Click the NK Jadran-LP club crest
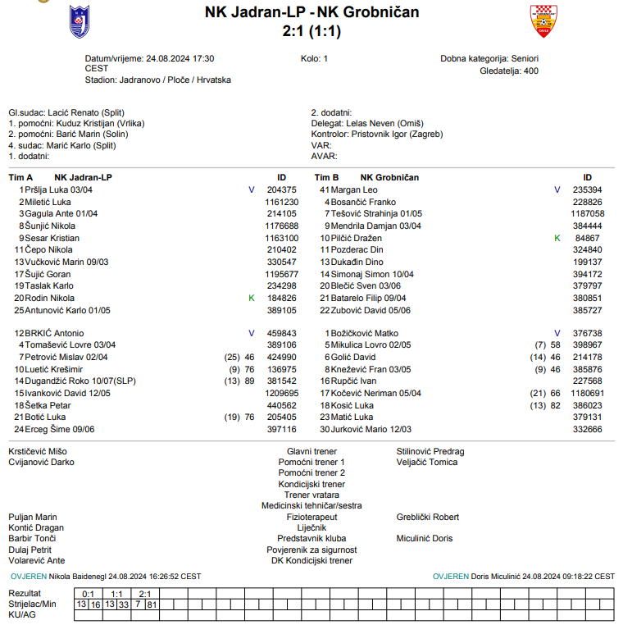pyautogui.click(x=80, y=22)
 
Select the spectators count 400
pyautogui.click(x=530, y=71)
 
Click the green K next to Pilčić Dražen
pyautogui.click(x=557, y=238)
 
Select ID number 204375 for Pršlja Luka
pyautogui.click(x=282, y=189)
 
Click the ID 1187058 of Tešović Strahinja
pyautogui.click(x=587, y=213)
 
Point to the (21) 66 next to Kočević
pyautogui.click(x=545, y=394)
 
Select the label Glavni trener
pyautogui.click(x=311, y=452)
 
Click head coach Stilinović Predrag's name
pyautogui.click(x=430, y=452)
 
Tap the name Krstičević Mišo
pyautogui.click(x=38, y=452)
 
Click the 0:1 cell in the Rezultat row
pyautogui.click(x=89, y=593)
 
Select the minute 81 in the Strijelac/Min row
pyautogui.click(x=152, y=604)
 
